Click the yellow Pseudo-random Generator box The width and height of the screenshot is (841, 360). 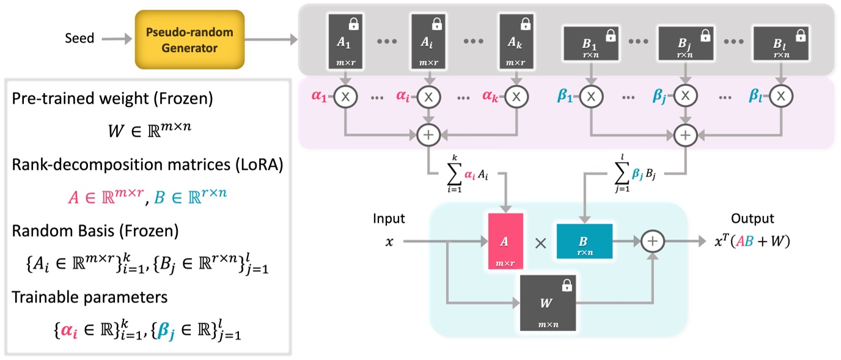pos(189,40)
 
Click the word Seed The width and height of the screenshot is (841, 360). pos(80,39)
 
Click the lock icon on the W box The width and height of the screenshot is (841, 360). pos(567,285)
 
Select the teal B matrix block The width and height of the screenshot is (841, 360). pos(584,241)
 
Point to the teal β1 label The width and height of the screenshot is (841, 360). pos(568,97)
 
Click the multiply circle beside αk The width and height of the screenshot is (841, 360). pos(516,97)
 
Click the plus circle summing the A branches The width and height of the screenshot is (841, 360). pos(430,132)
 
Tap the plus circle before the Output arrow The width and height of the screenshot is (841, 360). pos(653,241)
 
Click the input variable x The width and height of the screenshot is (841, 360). pos(389,241)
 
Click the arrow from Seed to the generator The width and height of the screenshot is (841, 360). pos(114,39)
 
